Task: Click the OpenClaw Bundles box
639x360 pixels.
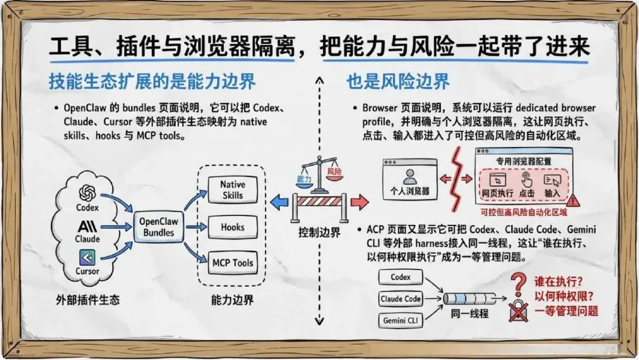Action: (159, 226)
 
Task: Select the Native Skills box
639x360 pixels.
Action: (232, 190)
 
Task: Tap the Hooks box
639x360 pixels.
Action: (232, 227)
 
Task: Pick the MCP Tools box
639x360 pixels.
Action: (232, 263)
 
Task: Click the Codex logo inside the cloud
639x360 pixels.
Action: (88, 192)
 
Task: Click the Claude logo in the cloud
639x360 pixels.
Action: (88, 226)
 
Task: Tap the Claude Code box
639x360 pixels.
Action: (401, 299)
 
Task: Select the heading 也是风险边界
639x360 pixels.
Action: (398, 82)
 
